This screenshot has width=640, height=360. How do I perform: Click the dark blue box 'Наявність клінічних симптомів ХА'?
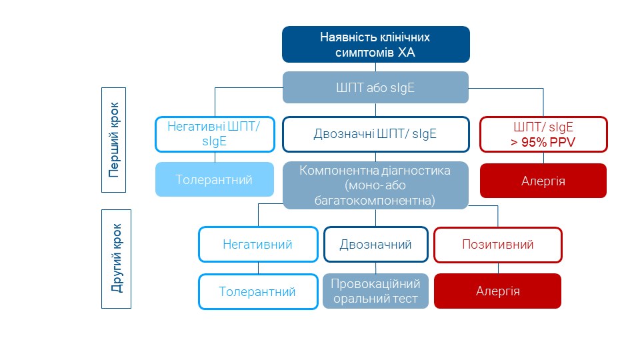tap(375, 44)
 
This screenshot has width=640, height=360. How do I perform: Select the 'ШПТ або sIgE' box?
tap(375, 87)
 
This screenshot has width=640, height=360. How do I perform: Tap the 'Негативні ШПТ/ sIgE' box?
tap(215, 134)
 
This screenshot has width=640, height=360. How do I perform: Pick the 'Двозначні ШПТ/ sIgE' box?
tap(375, 134)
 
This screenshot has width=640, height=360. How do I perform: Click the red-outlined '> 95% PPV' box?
tap(543, 134)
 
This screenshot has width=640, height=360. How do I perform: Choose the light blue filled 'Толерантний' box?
tap(215, 180)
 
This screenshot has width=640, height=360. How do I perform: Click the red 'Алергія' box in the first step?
tap(543, 181)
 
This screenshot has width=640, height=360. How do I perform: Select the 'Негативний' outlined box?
tap(258, 245)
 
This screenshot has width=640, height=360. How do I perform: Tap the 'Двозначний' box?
tap(375, 245)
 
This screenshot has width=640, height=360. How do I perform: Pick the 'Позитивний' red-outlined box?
tap(498, 245)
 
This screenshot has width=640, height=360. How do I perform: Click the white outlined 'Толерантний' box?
tap(258, 291)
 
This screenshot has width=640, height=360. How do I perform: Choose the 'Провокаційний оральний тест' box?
tap(375, 291)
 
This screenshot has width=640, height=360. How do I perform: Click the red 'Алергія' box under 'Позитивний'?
tap(498, 291)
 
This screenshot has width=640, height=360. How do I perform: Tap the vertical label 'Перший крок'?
tap(114, 140)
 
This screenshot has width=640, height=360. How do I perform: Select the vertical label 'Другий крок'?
tap(116, 259)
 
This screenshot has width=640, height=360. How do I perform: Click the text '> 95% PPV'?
tap(543, 141)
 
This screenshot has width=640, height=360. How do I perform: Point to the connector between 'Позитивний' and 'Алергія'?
tap(498, 268)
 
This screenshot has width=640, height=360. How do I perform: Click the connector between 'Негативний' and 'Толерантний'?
tap(258, 268)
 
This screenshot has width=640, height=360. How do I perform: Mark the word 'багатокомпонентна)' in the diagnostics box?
tap(375, 199)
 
